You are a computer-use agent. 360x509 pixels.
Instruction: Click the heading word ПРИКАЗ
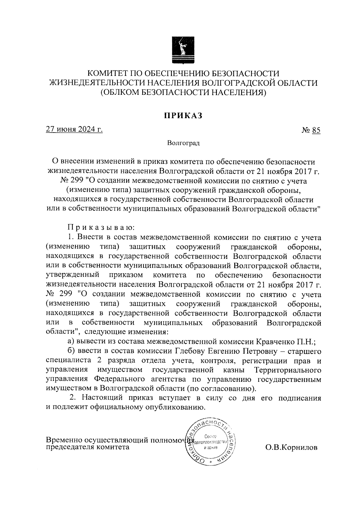(183, 115)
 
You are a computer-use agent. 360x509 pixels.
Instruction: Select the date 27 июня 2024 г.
(74, 130)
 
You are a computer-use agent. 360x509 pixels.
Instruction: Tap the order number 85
(316, 130)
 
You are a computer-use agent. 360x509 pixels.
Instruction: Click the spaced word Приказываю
(99, 228)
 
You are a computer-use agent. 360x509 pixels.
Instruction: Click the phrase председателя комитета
(88, 447)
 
